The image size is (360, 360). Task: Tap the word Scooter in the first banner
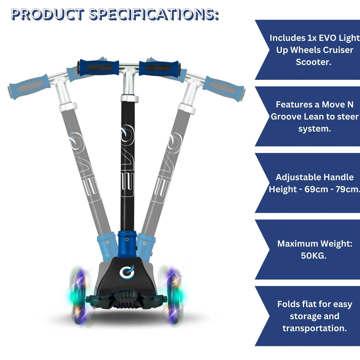click(x=313, y=62)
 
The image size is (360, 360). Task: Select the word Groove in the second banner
click(x=286, y=117)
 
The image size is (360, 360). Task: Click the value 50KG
click(x=313, y=256)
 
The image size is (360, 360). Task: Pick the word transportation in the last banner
click(x=314, y=328)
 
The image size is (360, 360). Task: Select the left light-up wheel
click(x=77, y=295)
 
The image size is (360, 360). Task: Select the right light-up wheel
click(x=173, y=295)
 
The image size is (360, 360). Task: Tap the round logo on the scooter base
click(x=126, y=272)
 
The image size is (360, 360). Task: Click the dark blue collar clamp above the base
click(x=127, y=244)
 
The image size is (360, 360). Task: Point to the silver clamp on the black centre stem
click(x=130, y=99)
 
